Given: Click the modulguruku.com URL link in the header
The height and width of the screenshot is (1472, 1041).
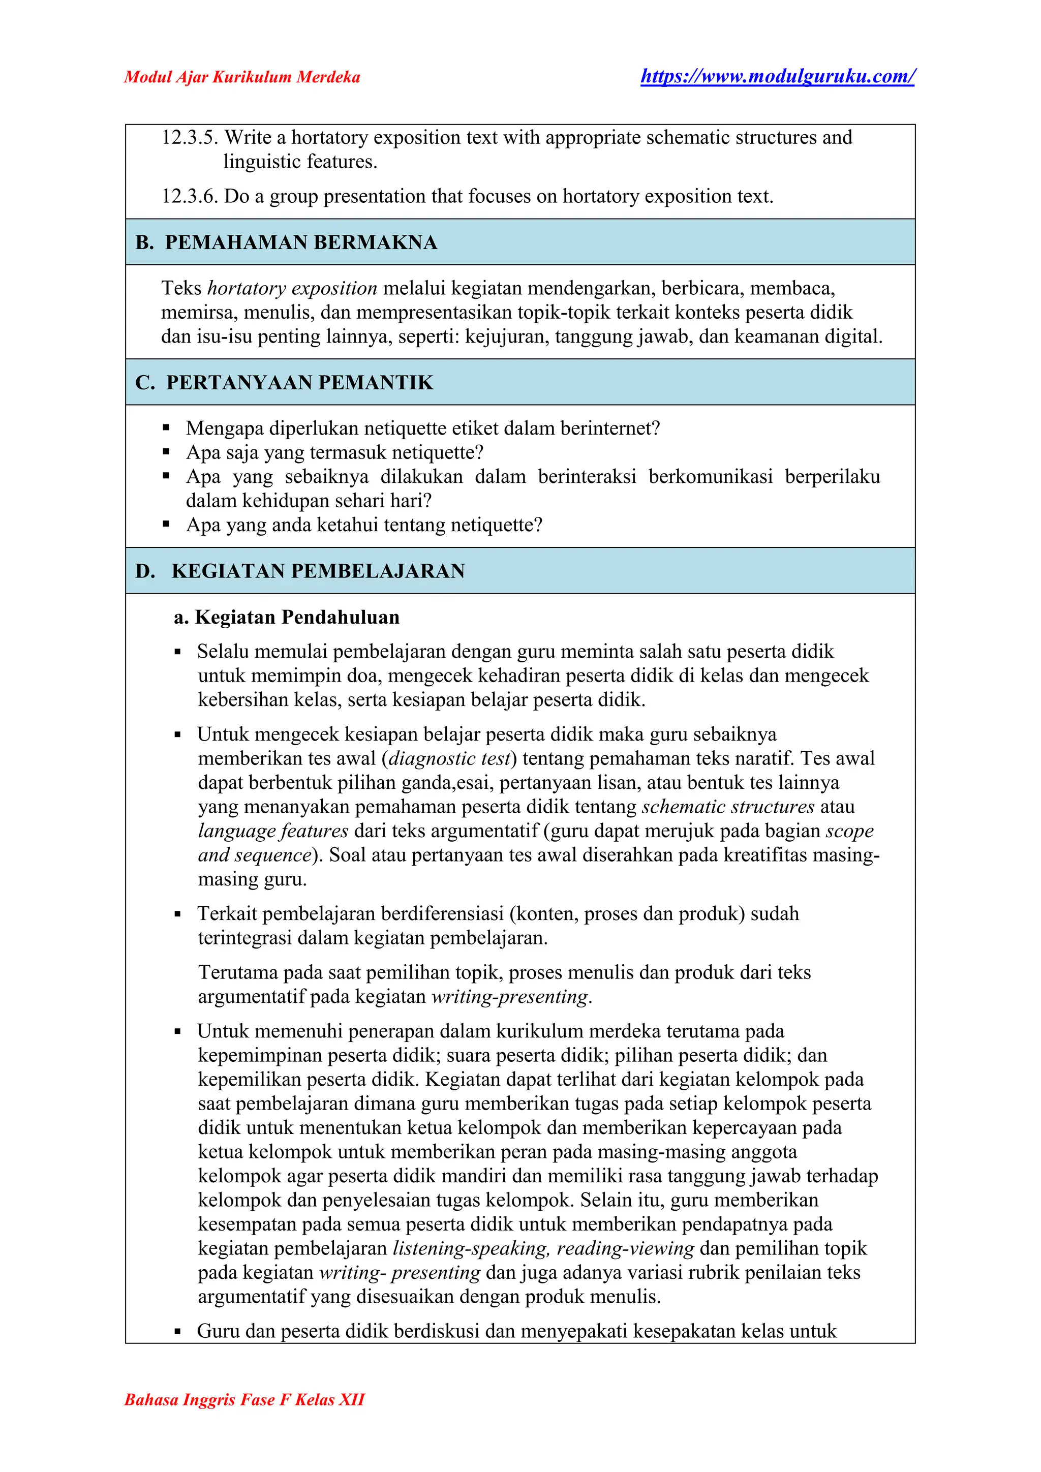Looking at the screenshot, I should click(x=778, y=76).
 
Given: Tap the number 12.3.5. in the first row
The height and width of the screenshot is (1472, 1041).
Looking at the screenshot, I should click(x=190, y=138).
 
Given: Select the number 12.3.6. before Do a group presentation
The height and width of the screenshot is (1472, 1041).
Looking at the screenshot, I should click(x=190, y=196).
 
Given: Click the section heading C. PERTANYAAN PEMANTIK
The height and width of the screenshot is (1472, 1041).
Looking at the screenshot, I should click(x=284, y=383).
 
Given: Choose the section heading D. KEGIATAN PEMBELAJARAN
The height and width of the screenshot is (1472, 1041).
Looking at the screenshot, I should click(x=300, y=571).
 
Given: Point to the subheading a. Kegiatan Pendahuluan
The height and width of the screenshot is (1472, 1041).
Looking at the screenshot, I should click(x=287, y=618).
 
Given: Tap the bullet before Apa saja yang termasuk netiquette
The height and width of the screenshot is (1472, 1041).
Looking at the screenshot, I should click(x=167, y=452).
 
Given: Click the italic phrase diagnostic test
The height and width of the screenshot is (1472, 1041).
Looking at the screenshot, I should click(x=449, y=758).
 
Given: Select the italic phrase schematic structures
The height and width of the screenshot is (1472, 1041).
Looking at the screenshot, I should click(x=728, y=807).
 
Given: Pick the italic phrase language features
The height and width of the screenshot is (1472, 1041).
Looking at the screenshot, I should click(x=273, y=831).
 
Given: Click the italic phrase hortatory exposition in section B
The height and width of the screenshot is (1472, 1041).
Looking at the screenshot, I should click(x=292, y=289).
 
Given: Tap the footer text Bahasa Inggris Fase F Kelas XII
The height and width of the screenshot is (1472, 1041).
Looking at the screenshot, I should click(x=244, y=1399).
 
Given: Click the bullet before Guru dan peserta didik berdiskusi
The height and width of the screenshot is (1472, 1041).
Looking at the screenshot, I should click(x=177, y=1327).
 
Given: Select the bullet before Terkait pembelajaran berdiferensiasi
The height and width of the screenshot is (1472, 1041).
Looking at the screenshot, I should click(x=177, y=914).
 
